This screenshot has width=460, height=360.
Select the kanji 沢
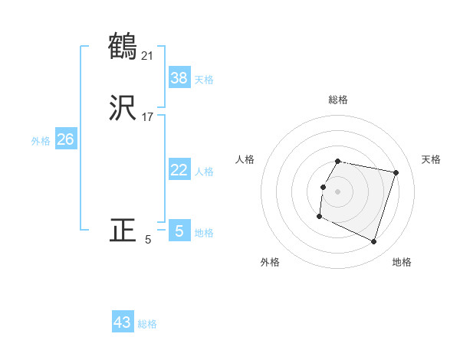coord(123,109)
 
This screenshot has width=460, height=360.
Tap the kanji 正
coord(123,231)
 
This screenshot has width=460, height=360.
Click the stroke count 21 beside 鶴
coord(148,55)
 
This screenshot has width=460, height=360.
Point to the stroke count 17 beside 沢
coord(148,117)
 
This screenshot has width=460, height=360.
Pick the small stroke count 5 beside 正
coord(148,239)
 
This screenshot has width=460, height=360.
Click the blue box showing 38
coord(179,77)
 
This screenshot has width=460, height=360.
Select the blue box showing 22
coord(179,170)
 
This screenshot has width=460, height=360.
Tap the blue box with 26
coord(66,139)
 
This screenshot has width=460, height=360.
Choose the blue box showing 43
coord(123,322)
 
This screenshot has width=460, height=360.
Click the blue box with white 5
coord(179,231)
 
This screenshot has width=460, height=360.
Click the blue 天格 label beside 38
coord(204,80)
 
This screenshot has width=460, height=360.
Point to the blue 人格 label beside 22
coord(204,172)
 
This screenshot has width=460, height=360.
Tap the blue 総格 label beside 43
coord(147,324)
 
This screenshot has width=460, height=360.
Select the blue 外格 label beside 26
coord(41,141)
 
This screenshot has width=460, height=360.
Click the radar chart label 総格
coord(338,100)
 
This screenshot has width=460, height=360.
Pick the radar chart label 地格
coord(402,262)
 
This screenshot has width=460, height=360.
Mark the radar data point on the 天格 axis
coord(396,172)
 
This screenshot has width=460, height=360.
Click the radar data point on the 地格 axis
coord(373,241)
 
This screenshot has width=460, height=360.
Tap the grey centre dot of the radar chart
coord(338,191)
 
